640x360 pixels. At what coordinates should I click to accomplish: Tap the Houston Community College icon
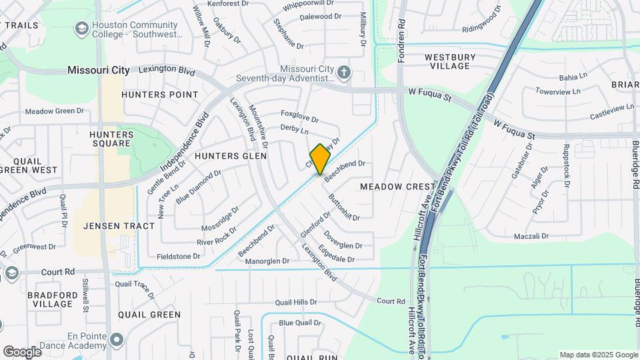pos(82,29)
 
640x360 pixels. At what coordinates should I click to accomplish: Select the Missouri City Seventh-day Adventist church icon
pos(343,72)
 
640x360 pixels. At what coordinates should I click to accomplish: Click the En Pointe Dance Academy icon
pos(117,341)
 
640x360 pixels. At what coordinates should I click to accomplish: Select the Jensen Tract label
pos(119,226)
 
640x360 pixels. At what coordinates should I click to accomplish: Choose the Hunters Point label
pos(160,95)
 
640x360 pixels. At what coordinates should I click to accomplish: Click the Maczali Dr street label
pos(531,237)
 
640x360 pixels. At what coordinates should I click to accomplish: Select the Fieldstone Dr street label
pos(178,256)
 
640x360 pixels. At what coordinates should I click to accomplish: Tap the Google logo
pos(22,351)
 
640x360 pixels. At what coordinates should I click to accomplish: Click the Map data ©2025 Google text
pos(599,355)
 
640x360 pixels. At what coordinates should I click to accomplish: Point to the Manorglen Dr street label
pos(267,261)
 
